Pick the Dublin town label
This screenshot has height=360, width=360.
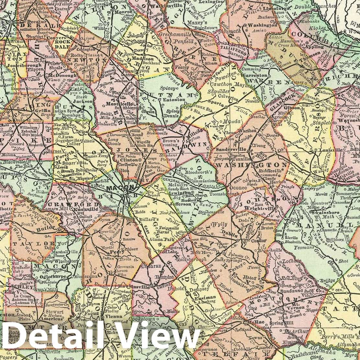[x=230, y=232]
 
